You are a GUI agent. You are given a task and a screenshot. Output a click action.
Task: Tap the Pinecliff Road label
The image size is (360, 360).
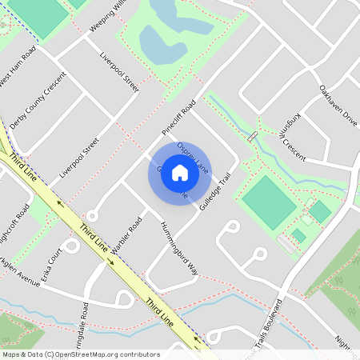click(178, 117)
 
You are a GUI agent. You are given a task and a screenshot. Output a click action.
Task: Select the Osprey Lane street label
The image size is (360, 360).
click(193, 157)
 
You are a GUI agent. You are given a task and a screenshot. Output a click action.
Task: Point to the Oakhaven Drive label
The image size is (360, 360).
click(338, 104)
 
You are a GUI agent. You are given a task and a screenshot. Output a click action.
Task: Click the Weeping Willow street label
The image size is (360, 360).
click(107, 14)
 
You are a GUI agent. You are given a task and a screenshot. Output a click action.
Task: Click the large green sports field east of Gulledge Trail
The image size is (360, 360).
click(269, 202)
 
